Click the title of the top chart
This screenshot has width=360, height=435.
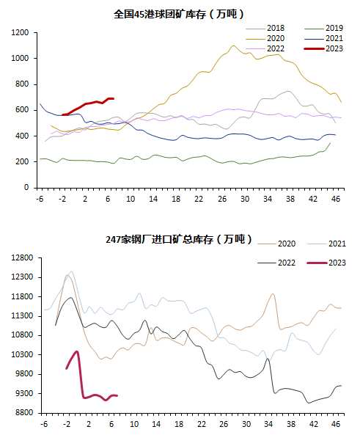coord(179,14)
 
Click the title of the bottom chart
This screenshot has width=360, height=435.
coord(179,239)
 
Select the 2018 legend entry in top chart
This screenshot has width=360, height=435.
coord(265,28)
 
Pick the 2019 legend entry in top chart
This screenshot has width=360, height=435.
coord(323,28)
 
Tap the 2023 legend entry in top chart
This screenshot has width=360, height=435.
coord(323,49)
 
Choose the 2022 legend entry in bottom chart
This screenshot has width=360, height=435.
coord(276,263)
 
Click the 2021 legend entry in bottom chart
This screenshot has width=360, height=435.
coord(327,244)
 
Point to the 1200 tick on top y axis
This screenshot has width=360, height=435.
coord(20,32)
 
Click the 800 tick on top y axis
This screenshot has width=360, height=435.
coord(22,84)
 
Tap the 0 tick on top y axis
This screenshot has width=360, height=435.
coord(26,188)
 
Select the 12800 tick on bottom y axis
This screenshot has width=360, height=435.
coord(22,257)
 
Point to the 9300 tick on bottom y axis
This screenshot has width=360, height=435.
coord(24,393)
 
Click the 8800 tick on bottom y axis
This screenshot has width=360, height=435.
coord(24,413)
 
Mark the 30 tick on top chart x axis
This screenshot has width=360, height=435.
coord(245,200)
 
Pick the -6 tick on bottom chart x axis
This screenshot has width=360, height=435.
coord(44,424)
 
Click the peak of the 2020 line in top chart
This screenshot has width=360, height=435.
coord(233,45)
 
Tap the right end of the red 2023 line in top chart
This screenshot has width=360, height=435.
coord(113,98)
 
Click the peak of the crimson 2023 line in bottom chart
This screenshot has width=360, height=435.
coord(77,351)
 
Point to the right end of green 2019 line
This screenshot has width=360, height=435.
coord(330,142)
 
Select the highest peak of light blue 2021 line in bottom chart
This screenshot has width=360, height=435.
coord(71,272)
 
